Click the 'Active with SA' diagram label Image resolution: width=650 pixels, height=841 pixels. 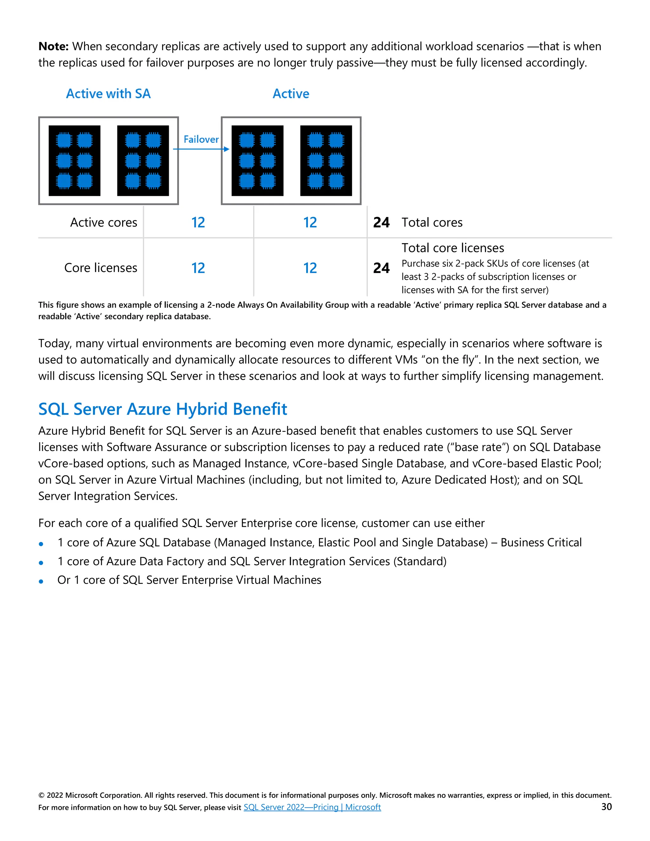point(108,94)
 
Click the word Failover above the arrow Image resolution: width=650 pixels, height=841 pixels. point(201,139)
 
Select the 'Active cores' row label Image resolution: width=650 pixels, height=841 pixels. point(103,222)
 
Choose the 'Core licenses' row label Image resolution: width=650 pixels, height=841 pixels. point(101,268)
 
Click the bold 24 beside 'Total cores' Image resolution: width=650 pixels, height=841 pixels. point(381,222)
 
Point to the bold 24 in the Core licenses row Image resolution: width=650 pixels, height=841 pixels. point(381,268)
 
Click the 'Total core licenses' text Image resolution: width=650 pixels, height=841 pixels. point(453,248)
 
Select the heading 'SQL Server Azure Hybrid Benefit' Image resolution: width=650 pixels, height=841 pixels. point(162,409)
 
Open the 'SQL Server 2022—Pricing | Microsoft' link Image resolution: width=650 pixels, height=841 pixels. point(312,807)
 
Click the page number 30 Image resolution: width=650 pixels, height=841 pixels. point(607,807)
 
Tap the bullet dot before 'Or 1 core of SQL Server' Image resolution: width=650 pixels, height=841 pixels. point(41,581)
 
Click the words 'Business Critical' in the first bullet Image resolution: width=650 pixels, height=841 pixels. point(541,543)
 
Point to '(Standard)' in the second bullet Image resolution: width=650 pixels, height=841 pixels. point(420,561)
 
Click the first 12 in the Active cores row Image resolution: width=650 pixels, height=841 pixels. point(198,222)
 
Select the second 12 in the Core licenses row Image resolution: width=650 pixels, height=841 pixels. point(309,268)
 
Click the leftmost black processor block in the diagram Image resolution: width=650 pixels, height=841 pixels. point(74,161)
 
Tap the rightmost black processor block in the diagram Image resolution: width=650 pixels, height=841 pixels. point(326,161)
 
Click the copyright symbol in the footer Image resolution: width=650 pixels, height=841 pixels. point(41,796)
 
